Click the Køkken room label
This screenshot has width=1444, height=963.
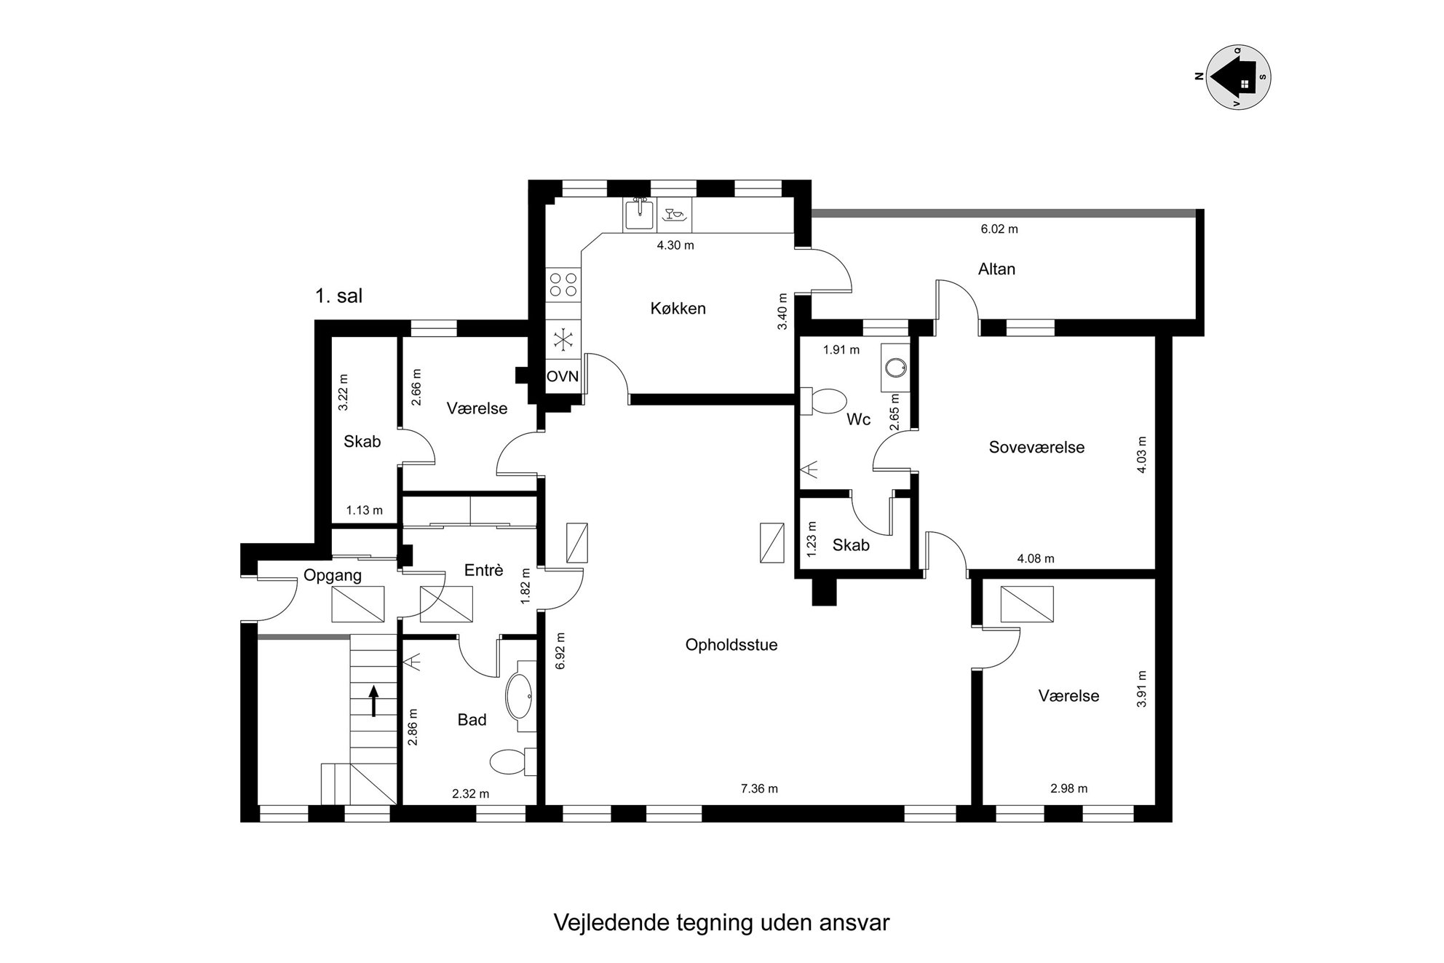(x=678, y=309)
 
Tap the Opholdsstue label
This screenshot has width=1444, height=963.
(x=731, y=645)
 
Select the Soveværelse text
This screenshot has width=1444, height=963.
(x=1036, y=448)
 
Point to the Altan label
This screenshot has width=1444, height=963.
(x=996, y=269)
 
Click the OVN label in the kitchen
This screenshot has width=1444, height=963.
(x=563, y=376)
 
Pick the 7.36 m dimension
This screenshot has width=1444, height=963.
(x=759, y=788)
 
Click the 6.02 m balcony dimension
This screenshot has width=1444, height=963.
(x=999, y=229)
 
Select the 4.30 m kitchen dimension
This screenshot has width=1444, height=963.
(x=675, y=245)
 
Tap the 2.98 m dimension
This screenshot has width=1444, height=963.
(x=1069, y=788)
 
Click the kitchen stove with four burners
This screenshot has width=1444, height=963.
(x=563, y=284)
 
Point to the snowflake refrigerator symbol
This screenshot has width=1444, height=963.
(x=563, y=338)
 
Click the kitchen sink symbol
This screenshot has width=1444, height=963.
(x=639, y=214)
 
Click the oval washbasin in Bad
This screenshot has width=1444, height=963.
(x=519, y=696)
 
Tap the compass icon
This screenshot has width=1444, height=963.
(x=1239, y=76)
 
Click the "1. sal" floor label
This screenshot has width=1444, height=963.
(x=338, y=296)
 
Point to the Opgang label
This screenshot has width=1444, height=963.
(x=333, y=576)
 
